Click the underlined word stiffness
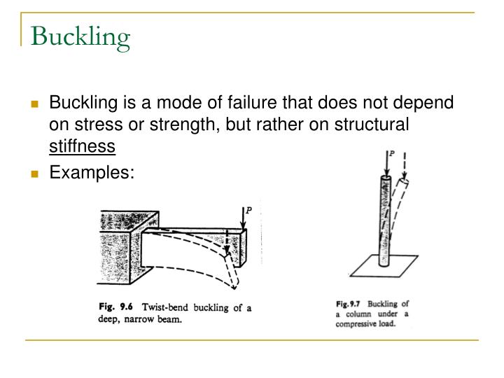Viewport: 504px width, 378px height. click(82, 147)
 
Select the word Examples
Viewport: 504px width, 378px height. click(90, 171)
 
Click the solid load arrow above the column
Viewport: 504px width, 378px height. click(384, 165)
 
